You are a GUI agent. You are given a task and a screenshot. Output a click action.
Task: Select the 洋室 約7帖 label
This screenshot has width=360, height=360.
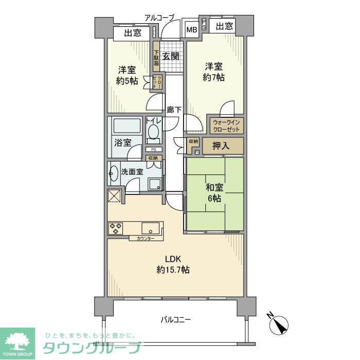pyautogui.click(x=214, y=71)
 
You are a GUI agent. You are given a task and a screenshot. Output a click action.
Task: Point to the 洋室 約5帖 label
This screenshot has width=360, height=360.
pyautogui.click(x=127, y=75)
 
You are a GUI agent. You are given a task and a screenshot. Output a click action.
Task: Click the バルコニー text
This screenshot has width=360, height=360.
pyautogui.click(x=175, y=319)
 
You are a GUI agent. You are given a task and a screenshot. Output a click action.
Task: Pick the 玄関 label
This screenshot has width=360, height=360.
pyautogui.click(x=170, y=57)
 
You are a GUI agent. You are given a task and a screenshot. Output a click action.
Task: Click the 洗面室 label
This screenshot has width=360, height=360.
pyautogui.click(x=132, y=172)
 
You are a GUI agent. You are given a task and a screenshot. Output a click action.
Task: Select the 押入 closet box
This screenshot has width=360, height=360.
pyautogui.click(x=221, y=146)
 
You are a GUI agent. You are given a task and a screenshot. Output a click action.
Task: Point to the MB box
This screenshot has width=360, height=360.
pyautogui.click(x=191, y=30)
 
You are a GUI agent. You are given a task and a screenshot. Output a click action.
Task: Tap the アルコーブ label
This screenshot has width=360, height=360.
pyautogui.click(x=159, y=17)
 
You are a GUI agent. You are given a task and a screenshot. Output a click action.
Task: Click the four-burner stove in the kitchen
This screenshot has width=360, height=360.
pyautogui.click(x=115, y=228)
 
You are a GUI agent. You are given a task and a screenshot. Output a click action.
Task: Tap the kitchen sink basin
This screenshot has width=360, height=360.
pyautogui.click(x=151, y=228)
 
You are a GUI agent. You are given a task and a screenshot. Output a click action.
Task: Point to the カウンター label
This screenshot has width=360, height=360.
pyautogui.click(x=146, y=239)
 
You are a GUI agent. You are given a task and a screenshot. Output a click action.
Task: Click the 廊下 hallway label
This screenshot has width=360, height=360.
pyautogui.click(x=174, y=110)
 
